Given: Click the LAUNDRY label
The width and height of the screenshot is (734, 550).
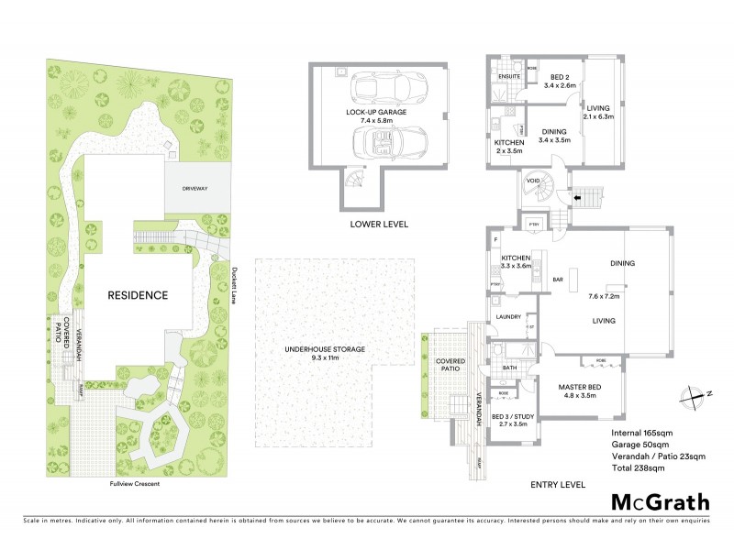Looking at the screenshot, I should point(507,317).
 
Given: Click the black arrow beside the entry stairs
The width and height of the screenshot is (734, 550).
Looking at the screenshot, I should point(577,195).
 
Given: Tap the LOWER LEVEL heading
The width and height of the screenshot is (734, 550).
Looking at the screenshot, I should point(378,225).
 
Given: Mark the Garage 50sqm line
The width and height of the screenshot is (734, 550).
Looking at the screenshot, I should point(640,444).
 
